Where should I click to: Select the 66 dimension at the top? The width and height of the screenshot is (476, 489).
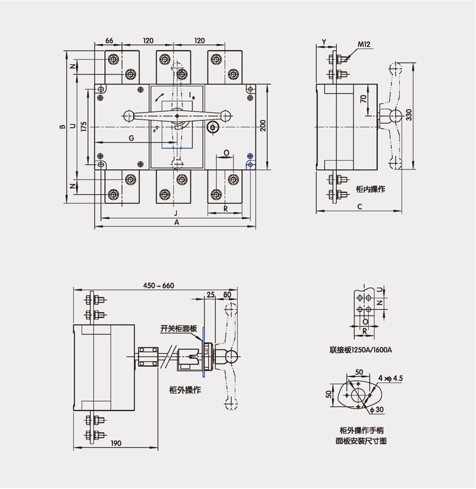(x=109, y=40)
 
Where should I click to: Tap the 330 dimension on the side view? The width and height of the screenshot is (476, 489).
(x=409, y=114)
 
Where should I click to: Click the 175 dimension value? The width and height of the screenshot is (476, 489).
(x=83, y=126)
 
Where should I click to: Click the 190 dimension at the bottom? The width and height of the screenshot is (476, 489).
(x=115, y=443)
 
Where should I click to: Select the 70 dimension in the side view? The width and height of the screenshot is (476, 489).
(x=362, y=100)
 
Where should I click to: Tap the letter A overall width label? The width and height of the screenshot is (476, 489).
(x=176, y=222)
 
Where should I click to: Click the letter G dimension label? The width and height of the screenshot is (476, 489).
(x=131, y=138)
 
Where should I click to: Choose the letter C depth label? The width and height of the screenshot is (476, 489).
(x=360, y=206)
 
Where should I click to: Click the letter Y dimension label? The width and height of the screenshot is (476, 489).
(x=324, y=41)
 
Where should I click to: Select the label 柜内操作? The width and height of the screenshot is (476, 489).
(x=370, y=189)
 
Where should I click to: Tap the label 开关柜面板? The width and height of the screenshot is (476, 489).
(x=176, y=328)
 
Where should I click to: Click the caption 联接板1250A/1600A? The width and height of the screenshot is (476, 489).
(x=361, y=350)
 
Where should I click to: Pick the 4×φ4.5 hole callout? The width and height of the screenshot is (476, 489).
(x=390, y=378)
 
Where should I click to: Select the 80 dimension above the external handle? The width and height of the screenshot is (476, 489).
(x=227, y=294)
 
